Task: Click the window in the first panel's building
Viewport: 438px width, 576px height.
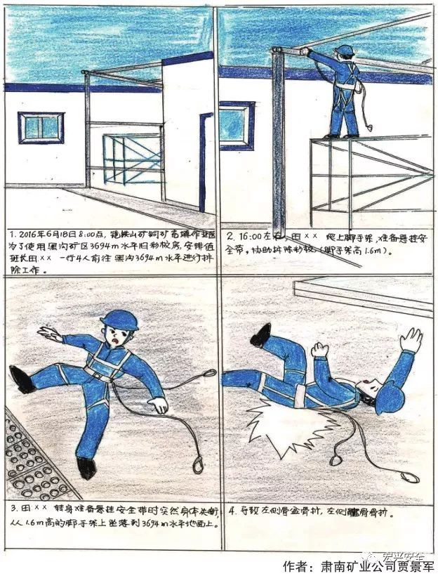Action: coord(41,128)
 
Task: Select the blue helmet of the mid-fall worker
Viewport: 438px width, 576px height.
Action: coord(119,320)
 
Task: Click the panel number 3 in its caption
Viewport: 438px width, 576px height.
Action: coord(15,506)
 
